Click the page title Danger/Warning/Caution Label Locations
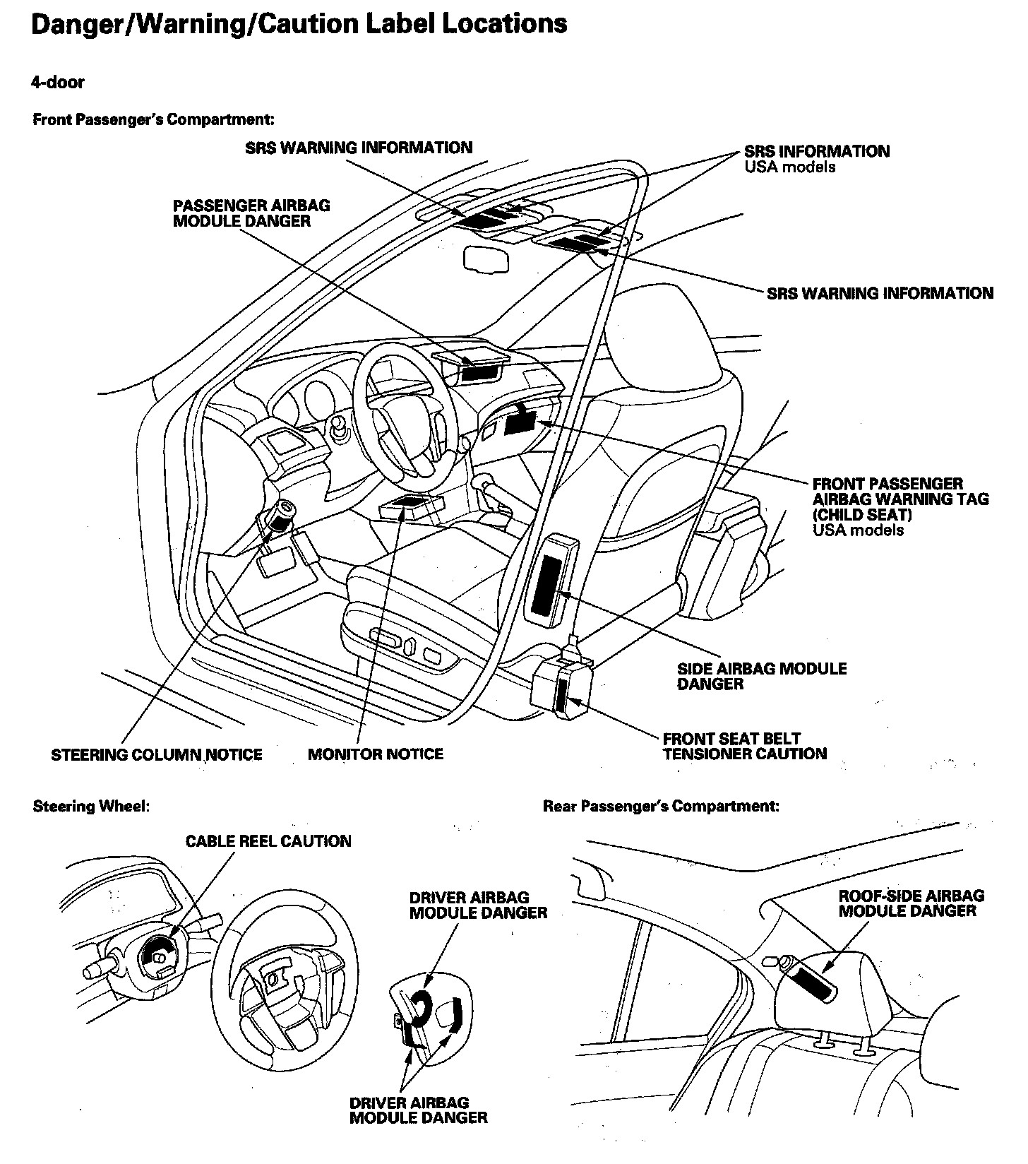coord(299,24)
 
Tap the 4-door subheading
coord(58,83)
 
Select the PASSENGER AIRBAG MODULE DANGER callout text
coord(251,213)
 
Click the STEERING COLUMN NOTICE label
coord(156,755)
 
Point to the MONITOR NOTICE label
coord(376,754)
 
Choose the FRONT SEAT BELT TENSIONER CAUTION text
coord(744,747)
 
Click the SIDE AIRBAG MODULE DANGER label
coord(761,676)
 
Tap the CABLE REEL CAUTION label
coord(268,841)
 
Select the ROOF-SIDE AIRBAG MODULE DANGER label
coord(911,903)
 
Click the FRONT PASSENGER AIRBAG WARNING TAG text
coord(900,499)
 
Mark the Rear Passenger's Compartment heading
coord(661,806)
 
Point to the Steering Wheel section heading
coord(91,807)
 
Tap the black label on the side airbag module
coord(544,583)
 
